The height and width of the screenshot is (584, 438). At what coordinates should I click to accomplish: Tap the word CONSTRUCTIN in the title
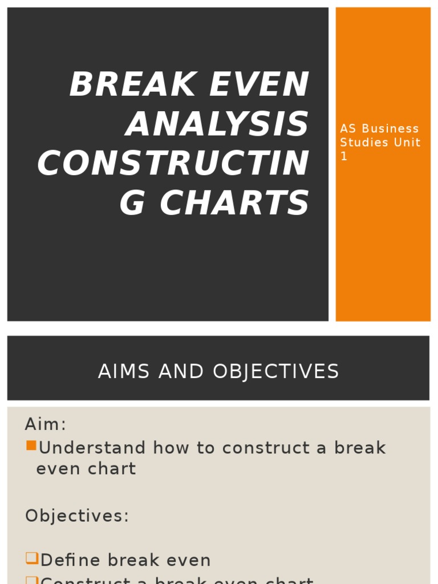pyautogui.click(x=173, y=163)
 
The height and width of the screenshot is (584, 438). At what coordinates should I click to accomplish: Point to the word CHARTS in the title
pyautogui.click(x=234, y=203)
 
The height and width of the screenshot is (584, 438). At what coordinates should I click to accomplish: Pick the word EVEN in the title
pyautogui.click(x=259, y=84)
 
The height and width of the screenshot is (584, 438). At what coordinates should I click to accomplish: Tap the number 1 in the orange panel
pyautogui.click(x=343, y=156)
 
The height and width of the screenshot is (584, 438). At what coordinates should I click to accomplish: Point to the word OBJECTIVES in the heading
pyautogui.click(x=276, y=372)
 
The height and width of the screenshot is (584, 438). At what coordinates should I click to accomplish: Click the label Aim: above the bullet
pyautogui.click(x=46, y=424)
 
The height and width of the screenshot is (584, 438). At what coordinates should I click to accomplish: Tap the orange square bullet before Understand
pyautogui.click(x=31, y=445)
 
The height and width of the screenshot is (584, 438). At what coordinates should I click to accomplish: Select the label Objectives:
pyautogui.click(x=77, y=516)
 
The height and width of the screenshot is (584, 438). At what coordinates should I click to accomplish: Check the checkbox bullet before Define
pyautogui.click(x=31, y=558)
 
